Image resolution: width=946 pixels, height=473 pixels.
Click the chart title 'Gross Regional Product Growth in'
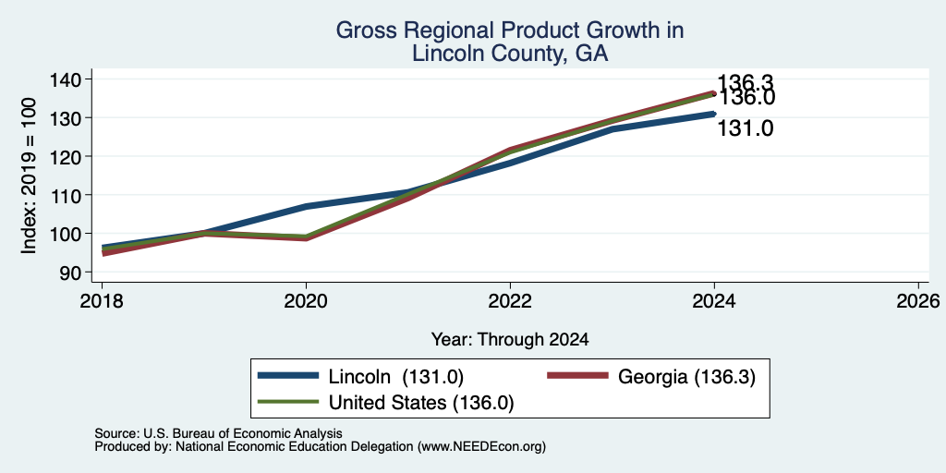click(509, 30)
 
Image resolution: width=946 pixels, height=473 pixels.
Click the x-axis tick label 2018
click(102, 301)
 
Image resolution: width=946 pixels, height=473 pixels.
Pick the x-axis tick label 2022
click(510, 301)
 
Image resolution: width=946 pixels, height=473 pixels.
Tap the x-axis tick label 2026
click(919, 301)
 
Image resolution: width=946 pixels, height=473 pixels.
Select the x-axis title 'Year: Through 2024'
click(510, 340)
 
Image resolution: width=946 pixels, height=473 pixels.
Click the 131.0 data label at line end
click(746, 128)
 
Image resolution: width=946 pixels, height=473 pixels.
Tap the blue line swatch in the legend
click(288, 376)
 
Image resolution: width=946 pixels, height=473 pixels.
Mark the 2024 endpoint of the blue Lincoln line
click(714, 114)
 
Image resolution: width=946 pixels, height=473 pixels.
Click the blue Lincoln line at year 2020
click(306, 206)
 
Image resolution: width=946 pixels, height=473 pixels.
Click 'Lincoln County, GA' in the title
click(509, 55)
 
